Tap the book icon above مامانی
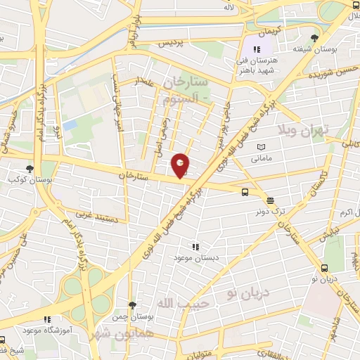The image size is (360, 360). click(x=262, y=146)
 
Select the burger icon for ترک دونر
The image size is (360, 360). click(x=271, y=200)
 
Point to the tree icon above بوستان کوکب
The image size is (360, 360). click(x=30, y=169)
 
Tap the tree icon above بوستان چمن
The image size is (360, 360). click(x=131, y=304)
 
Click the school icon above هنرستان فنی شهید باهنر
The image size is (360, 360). click(x=257, y=49)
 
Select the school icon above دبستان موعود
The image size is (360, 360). click(x=195, y=247)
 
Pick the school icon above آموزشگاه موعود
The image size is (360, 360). click(x=47, y=319)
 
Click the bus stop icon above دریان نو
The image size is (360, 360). click(x=325, y=268)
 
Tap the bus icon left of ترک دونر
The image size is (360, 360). click(x=245, y=191)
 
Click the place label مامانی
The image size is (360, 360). click(x=264, y=158)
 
